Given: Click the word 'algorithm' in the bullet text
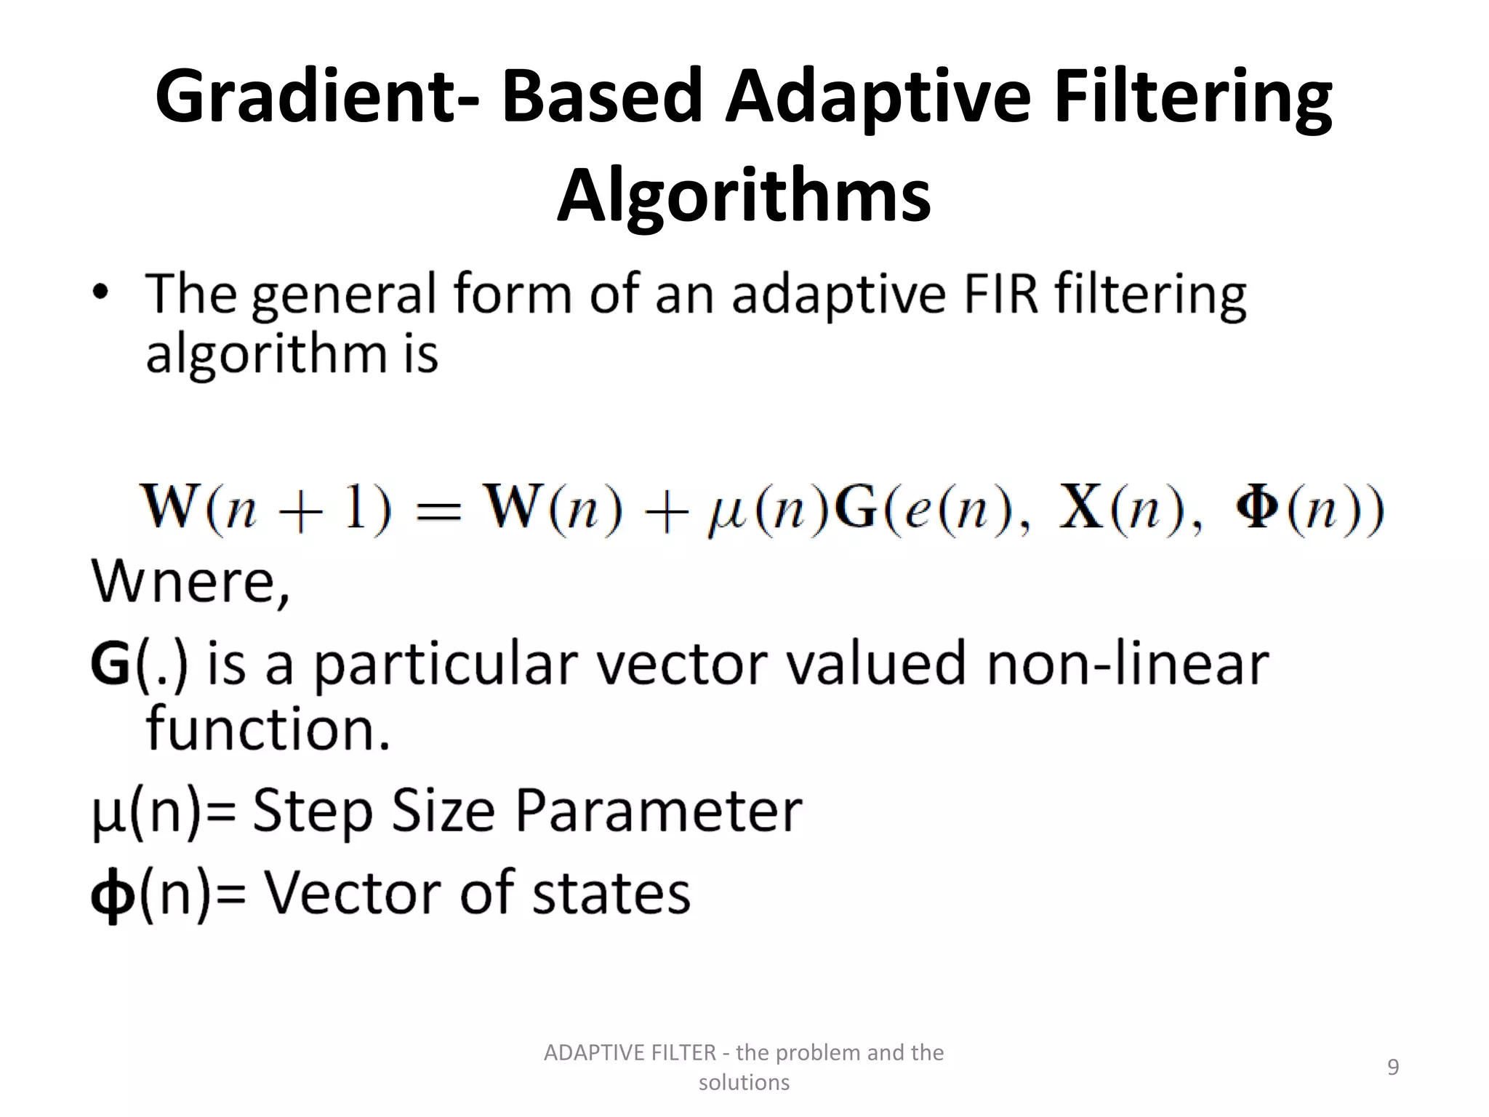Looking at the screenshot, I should pyautogui.click(x=266, y=355).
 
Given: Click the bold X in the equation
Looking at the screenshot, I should pyautogui.click(x=1081, y=508).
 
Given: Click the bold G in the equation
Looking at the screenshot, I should pyautogui.click(x=855, y=508).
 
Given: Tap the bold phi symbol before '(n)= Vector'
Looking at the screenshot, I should pyautogui.click(x=113, y=896).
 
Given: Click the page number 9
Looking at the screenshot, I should pyautogui.click(x=1393, y=1067).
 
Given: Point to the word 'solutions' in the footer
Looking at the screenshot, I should pyautogui.click(x=744, y=1083).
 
